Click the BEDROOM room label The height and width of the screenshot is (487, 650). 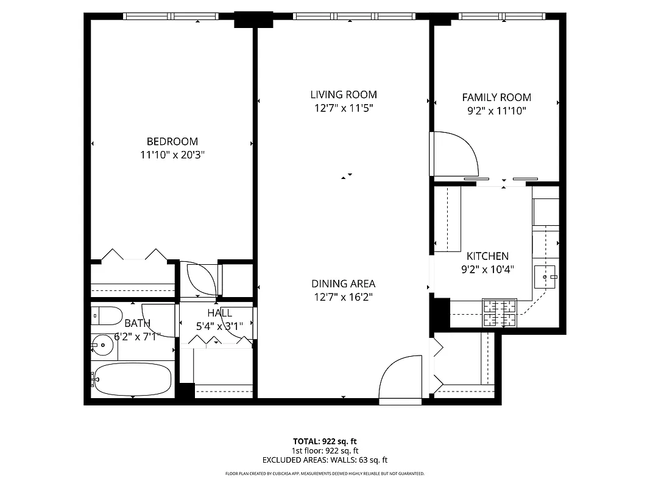pos(172,141)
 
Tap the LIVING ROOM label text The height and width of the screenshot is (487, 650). pos(344,94)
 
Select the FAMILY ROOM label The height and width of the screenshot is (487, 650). pos(496,97)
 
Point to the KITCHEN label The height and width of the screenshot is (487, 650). pos(487,256)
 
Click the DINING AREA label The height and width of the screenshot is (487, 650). pos(343,284)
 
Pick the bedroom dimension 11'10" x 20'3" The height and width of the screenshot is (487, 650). pos(172,155)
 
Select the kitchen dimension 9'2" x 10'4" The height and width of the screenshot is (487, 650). pos(487,270)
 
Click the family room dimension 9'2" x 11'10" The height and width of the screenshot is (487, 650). pos(496,111)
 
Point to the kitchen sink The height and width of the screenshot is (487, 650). pos(545,277)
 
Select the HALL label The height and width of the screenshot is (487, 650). pos(219,313)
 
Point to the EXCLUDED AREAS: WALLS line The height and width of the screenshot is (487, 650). pos(324,460)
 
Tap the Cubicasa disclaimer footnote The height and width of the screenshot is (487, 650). pos(324,474)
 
